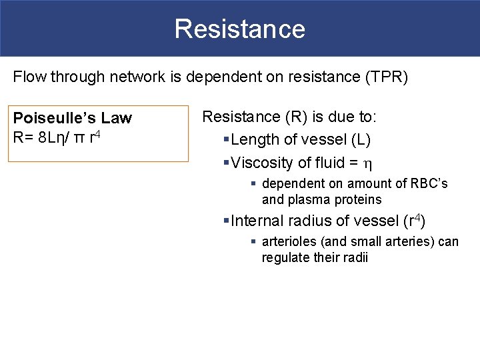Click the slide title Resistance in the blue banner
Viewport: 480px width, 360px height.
click(x=240, y=29)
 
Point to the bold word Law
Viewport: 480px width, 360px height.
click(x=118, y=118)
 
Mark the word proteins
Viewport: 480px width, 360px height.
click(x=360, y=199)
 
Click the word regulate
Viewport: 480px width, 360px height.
click(x=286, y=257)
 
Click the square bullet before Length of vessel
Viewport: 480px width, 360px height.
click(x=226, y=140)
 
